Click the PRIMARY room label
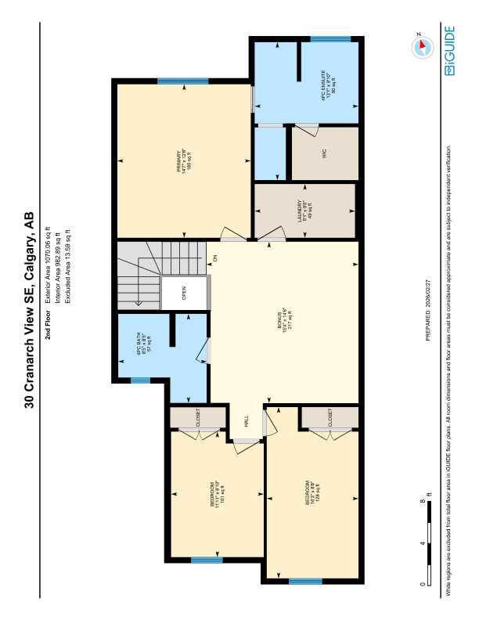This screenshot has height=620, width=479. click(183, 160)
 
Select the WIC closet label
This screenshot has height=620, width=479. click(324, 153)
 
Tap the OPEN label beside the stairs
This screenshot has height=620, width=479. click(185, 294)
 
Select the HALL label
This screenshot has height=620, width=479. click(246, 421)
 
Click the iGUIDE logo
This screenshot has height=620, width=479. click(449, 51)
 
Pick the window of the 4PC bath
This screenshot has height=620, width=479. click(140, 380)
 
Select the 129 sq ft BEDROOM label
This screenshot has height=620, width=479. click(310, 492)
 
